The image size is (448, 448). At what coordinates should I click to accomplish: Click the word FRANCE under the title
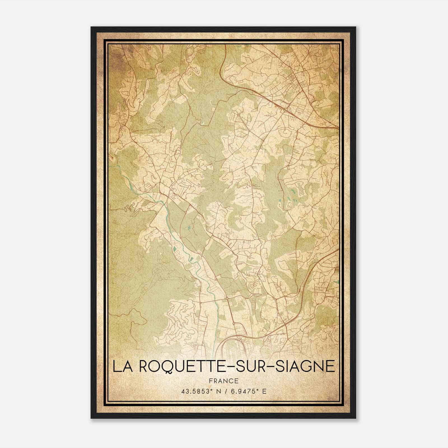(224, 381)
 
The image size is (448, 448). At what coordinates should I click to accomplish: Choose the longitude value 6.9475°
(243, 391)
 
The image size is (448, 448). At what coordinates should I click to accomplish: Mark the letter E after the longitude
(264, 391)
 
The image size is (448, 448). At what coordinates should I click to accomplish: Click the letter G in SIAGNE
(306, 366)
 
